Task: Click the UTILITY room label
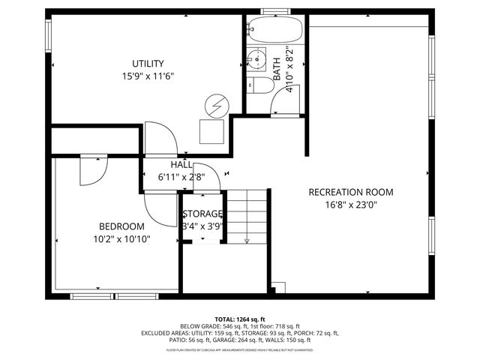(148, 64)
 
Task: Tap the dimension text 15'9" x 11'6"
(148, 76)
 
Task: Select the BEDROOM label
(121, 226)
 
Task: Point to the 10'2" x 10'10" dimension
(121, 239)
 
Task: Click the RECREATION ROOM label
(351, 192)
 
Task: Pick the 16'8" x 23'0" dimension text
(351, 204)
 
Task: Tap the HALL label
(181, 165)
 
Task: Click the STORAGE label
(203, 214)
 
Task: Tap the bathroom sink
(257, 58)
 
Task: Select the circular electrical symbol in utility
(216, 106)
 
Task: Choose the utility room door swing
(160, 138)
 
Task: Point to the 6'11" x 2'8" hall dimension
(181, 178)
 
